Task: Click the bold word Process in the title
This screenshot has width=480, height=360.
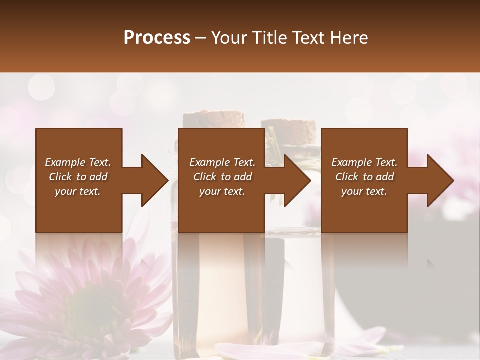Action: pos(157,38)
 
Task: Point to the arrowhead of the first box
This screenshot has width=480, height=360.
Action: pos(155,180)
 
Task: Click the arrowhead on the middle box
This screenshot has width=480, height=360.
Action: pos(297,180)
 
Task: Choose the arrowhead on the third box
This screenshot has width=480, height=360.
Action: pos(440,180)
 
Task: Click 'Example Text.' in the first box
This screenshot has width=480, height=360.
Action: pos(78,162)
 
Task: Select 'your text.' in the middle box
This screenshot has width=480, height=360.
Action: pos(222,191)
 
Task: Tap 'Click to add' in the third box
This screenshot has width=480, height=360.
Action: pos(364,177)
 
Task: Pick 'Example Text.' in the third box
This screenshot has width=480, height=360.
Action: pos(364,162)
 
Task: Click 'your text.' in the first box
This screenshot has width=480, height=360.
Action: pos(78,191)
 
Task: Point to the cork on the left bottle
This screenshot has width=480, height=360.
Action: pos(214,119)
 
